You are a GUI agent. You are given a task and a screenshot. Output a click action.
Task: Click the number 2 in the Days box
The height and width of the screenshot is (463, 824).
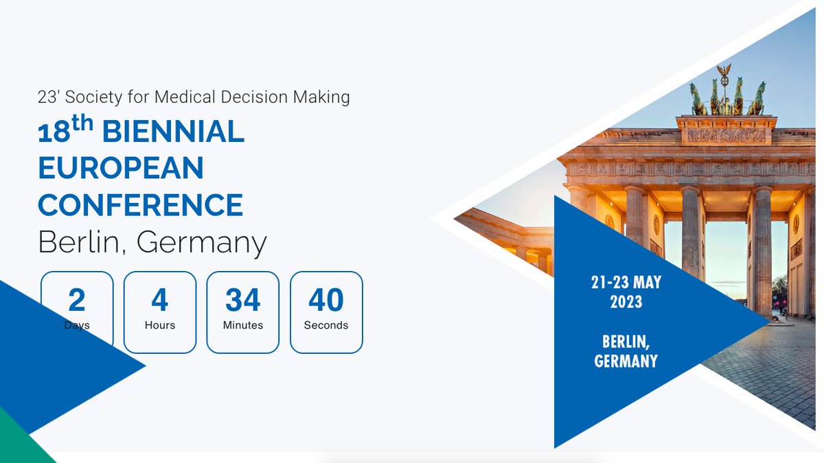coord(77,300)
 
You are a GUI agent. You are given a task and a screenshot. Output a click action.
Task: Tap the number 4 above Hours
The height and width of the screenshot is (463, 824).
coord(160,300)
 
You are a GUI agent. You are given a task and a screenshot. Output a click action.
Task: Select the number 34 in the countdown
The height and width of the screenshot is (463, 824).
coord(243,300)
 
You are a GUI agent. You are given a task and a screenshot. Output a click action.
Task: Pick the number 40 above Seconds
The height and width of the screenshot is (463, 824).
coord(326,300)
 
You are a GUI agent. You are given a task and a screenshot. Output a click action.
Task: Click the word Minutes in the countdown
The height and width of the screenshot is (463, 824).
coord(243,325)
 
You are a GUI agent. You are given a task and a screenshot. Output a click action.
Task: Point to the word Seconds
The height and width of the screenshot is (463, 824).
coord(326,325)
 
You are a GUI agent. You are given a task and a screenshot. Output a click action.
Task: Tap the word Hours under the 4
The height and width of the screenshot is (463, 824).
coord(160,325)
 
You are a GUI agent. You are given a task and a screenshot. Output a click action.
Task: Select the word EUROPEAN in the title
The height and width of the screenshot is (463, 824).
coord(121,169)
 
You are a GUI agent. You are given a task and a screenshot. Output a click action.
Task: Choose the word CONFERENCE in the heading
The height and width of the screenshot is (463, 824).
coord(140,205)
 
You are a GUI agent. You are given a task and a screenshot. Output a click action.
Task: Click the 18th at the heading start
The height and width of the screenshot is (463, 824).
coord(64,131)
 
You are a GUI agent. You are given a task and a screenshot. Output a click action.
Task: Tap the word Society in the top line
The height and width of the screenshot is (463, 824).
coord(93,97)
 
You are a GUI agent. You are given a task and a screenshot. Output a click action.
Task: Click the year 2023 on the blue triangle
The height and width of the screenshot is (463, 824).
coord(626,302)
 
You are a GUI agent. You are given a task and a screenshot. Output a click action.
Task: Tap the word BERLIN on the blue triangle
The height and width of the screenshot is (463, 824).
coord(626,342)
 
